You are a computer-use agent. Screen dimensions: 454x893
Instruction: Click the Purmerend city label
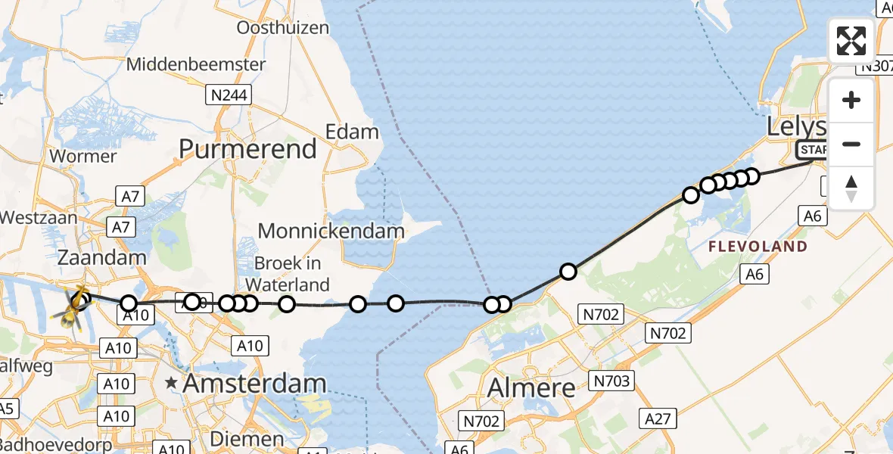pyautogui.click(x=247, y=149)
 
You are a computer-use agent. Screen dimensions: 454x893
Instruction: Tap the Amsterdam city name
pyautogui.click(x=254, y=384)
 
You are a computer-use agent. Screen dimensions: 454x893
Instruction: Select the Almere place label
pyautogui.click(x=531, y=388)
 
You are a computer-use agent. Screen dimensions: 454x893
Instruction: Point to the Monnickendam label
pyautogui.click(x=331, y=231)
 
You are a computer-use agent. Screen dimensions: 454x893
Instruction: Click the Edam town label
pyautogui.click(x=352, y=132)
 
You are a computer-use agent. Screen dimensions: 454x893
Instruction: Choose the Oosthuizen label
pyautogui.click(x=283, y=28)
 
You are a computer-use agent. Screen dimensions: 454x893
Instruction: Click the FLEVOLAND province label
pyautogui.click(x=757, y=247)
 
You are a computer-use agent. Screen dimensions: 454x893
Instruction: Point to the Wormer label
pyautogui.click(x=82, y=157)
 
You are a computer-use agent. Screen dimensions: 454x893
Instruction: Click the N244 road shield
pyautogui.click(x=229, y=95)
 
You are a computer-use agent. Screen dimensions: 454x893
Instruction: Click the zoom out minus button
pyautogui.click(x=851, y=144)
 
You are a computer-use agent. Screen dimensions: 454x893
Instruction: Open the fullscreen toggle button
pyautogui.click(x=851, y=41)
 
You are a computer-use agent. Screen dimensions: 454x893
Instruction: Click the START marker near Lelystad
pyautogui.click(x=814, y=150)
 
